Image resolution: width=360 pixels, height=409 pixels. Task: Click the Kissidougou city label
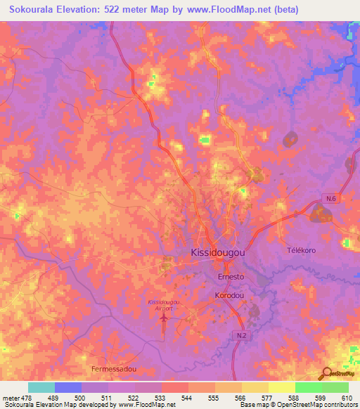coord(219,252)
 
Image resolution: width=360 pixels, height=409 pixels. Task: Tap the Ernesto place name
coord(229,277)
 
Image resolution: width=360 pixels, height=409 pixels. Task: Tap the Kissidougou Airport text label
coord(164,304)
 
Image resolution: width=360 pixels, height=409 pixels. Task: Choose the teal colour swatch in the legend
coord(41,387)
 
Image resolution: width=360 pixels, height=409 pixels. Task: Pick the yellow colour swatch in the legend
coord(281,387)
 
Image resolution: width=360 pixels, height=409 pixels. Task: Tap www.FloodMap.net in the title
coord(230,10)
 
